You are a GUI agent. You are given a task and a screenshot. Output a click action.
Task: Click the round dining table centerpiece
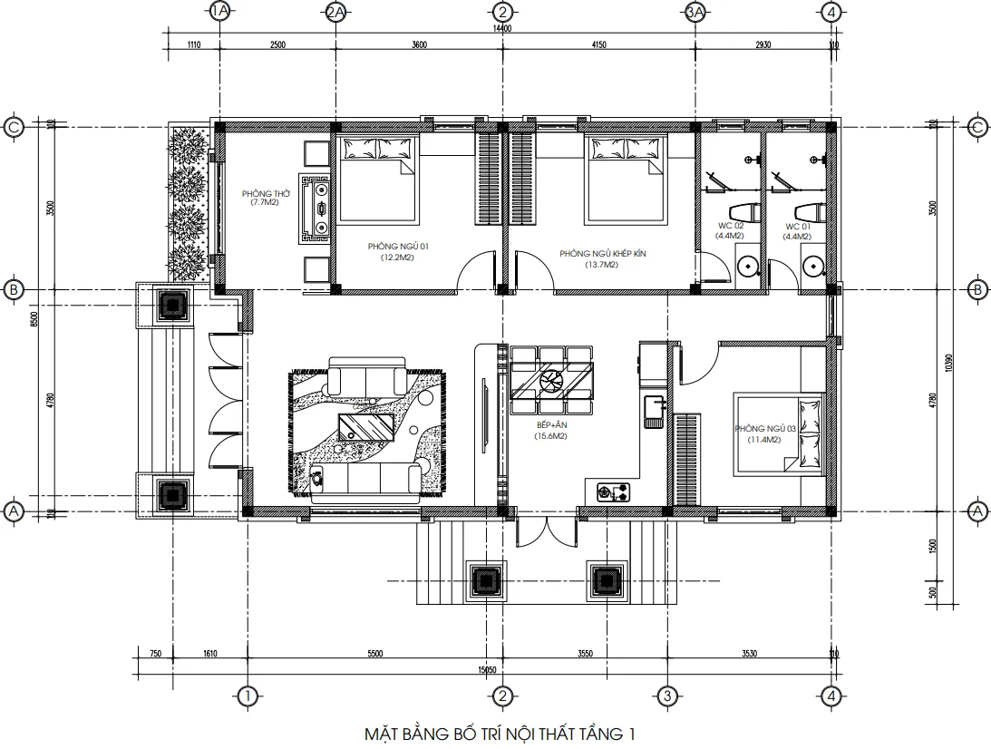(550, 380)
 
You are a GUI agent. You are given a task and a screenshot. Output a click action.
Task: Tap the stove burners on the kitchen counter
(614, 493)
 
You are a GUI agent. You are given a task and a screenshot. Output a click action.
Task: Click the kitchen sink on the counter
(653, 409)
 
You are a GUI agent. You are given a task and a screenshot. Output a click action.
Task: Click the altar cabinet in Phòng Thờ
(320, 208)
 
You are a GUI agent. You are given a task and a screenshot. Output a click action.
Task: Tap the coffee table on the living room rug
(365, 425)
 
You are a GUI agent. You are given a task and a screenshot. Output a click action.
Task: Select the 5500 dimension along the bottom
(375, 654)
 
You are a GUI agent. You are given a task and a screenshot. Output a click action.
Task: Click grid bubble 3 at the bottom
(667, 696)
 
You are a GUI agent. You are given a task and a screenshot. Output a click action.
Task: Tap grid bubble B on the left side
(14, 290)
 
